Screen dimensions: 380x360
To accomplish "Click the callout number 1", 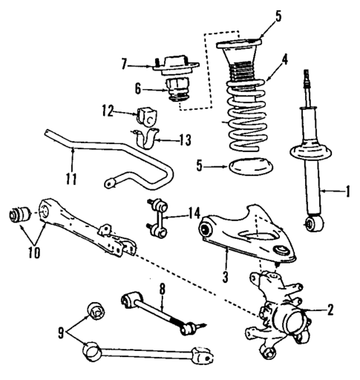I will pyautogui.click(x=347, y=194).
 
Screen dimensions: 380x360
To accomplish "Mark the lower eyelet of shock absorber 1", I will pyautogui.click(x=317, y=220).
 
